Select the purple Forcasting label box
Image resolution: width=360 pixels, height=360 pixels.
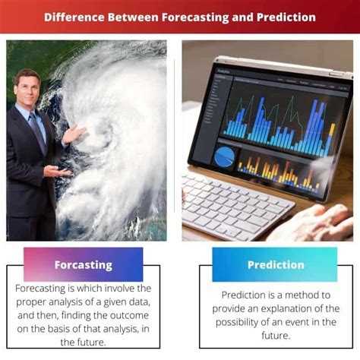[x=83, y=265]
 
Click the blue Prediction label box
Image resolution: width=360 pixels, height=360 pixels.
[x=274, y=264]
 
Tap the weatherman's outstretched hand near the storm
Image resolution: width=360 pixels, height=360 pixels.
[x=74, y=135]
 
